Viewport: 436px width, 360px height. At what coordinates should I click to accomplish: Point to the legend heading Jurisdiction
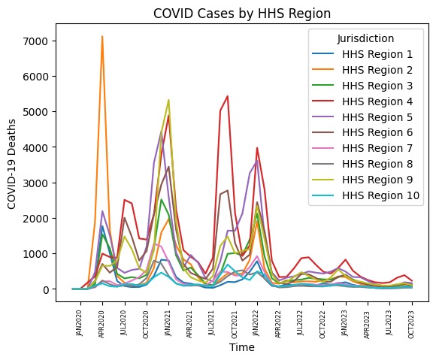tap(365, 38)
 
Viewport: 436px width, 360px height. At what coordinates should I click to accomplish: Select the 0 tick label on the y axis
tap(46, 289)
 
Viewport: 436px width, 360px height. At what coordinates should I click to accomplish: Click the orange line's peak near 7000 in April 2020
tap(102, 37)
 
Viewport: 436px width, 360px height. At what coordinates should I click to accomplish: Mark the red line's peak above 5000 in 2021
tap(227, 96)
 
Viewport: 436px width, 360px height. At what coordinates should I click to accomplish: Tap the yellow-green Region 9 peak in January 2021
tap(168, 100)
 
